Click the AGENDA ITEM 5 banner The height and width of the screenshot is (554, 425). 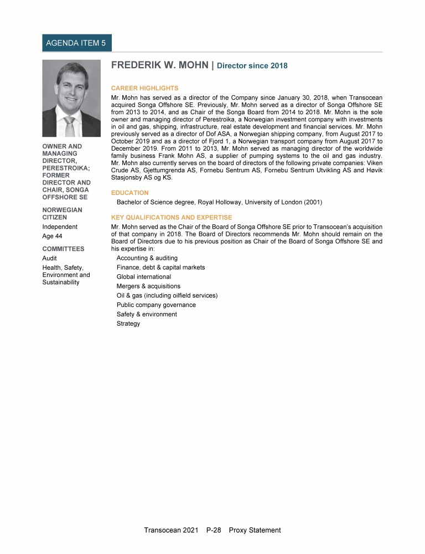pos(77,43)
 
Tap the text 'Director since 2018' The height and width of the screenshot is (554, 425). pos(252,66)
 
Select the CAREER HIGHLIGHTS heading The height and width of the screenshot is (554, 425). pos(144,88)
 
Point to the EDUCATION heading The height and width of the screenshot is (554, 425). pos(129,193)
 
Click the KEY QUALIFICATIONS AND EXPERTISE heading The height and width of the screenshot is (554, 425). pos(172,217)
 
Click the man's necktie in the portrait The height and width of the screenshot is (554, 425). pos(70,127)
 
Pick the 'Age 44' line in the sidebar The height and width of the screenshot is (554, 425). pos(52,236)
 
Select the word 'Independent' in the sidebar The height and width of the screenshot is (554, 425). pos(60,227)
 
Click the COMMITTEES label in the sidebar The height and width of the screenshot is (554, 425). pos(63,249)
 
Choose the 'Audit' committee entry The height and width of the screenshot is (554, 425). pos(50,258)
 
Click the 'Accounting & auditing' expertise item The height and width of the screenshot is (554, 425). pos(147,258)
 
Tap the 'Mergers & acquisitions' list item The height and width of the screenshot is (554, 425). pos(148,286)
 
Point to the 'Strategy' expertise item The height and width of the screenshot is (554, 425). pos(128,324)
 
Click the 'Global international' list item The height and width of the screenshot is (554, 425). pos(144,277)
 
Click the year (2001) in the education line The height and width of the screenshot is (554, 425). pos(311,202)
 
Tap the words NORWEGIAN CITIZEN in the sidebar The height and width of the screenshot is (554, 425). pos(62,214)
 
